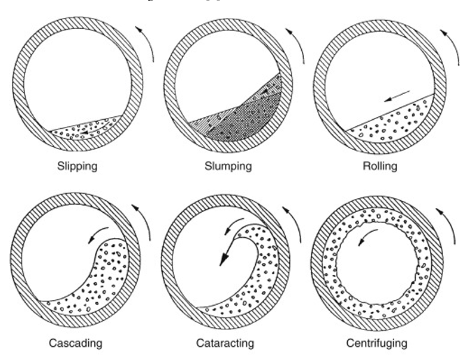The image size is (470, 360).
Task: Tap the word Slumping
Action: [x=226, y=166]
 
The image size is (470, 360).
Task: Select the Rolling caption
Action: [x=380, y=166]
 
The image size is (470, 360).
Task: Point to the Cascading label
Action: [x=77, y=343]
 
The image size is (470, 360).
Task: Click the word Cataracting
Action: [x=225, y=343]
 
